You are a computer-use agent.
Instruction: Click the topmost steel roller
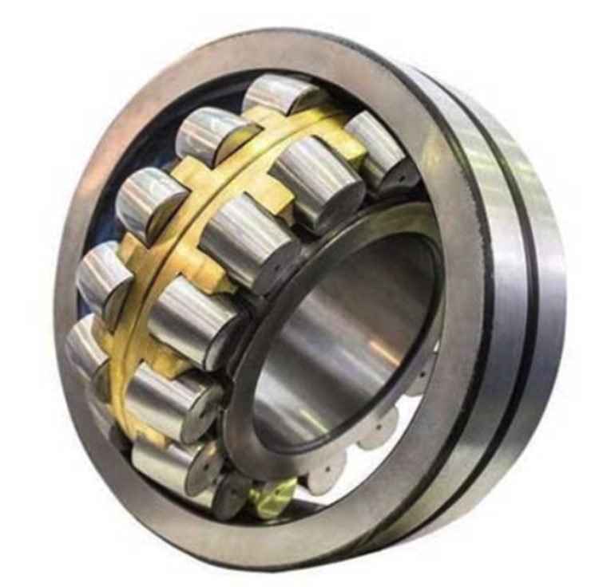click(x=284, y=94)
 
